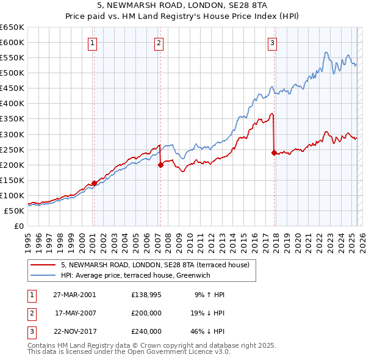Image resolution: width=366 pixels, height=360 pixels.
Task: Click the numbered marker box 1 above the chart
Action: (x=92, y=43)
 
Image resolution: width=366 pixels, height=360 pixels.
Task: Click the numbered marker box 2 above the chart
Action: (x=159, y=43)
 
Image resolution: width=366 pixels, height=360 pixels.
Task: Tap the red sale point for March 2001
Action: (x=95, y=183)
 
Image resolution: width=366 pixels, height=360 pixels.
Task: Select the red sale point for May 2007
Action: (x=160, y=164)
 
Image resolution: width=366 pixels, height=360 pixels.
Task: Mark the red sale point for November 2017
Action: (x=274, y=152)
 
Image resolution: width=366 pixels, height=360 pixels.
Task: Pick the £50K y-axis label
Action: (x=14, y=211)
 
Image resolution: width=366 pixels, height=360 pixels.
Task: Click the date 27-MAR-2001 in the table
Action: (x=74, y=295)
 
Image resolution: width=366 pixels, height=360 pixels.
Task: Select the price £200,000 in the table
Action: (x=146, y=313)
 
